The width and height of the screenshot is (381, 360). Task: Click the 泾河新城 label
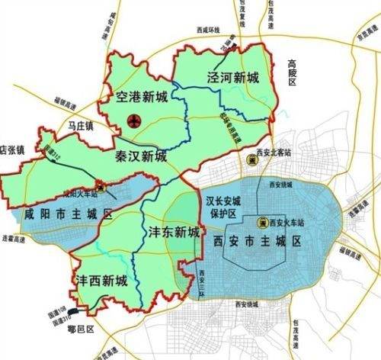pos(232,78)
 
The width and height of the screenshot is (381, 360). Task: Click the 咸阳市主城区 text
pos(67,213)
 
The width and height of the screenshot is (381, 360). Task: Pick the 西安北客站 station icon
pos(251,159)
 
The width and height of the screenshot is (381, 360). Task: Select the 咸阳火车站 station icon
pos(101,186)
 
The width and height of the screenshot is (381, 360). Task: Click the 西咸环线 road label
pos(206,29)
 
